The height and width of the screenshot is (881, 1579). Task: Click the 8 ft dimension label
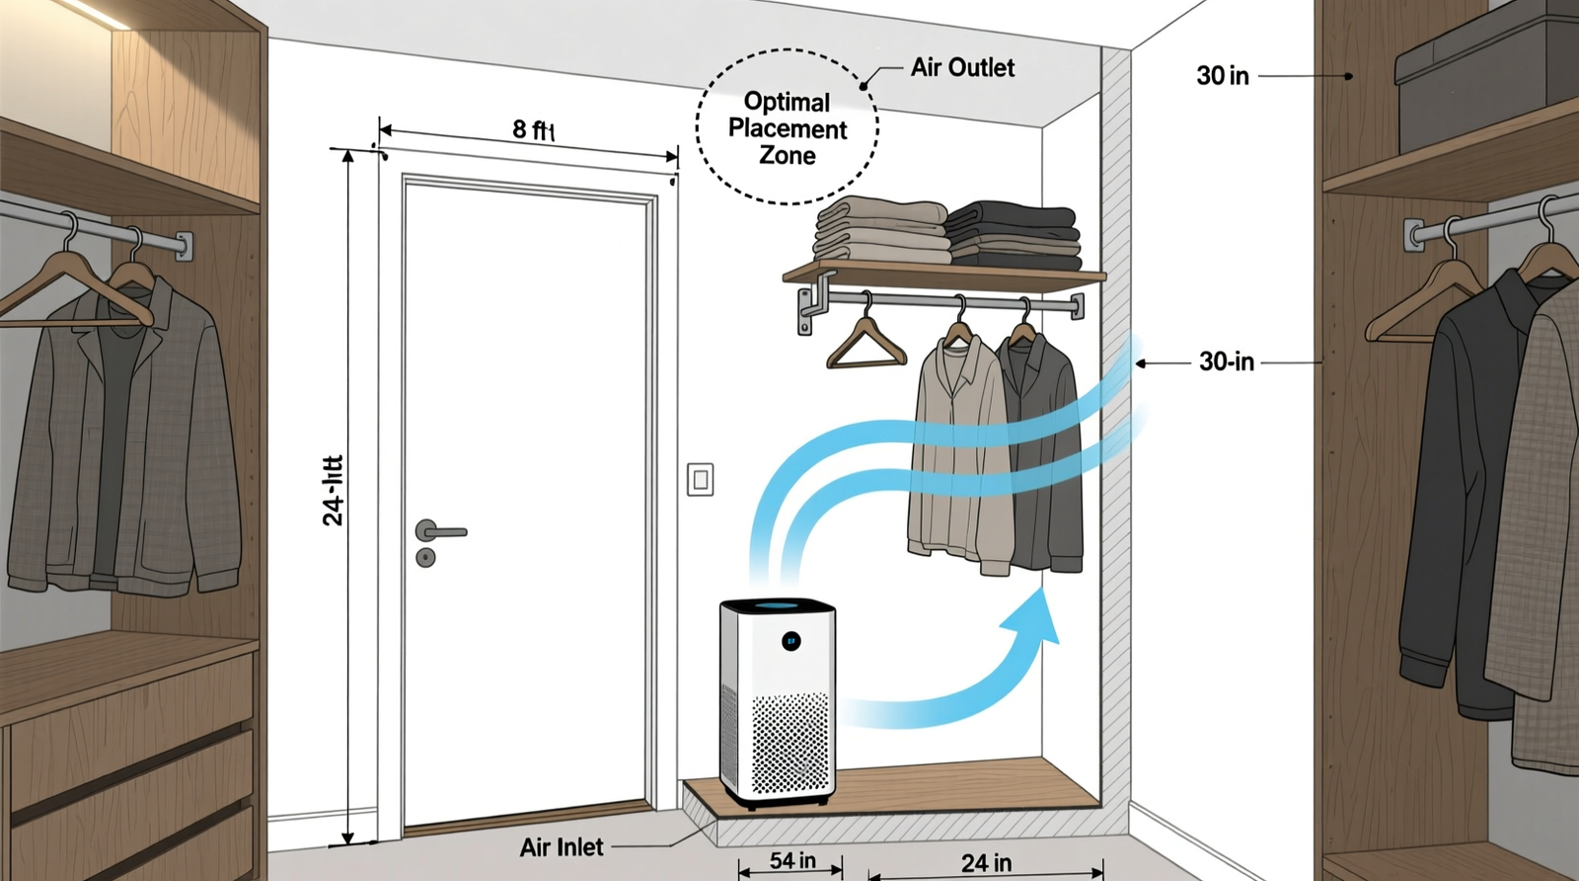point(533,129)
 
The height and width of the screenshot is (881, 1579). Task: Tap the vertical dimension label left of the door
point(334,491)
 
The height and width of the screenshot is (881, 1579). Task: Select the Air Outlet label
point(962,67)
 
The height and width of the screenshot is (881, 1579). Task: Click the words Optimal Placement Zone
point(787,128)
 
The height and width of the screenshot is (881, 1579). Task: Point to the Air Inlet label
point(562,847)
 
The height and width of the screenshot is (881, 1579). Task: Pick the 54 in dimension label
point(792,860)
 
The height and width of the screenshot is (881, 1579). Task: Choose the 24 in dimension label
point(986,863)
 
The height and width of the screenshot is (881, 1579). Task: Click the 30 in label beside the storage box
point(1223,76)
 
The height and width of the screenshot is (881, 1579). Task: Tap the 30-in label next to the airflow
point(1227,361)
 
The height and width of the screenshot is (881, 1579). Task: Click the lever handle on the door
point(440,531)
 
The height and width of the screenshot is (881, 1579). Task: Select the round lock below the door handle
point(425,558)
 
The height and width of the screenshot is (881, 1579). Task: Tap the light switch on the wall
point(700,480)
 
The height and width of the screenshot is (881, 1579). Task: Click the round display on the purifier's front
point(790,641)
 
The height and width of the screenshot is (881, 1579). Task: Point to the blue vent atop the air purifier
point(777,604)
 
